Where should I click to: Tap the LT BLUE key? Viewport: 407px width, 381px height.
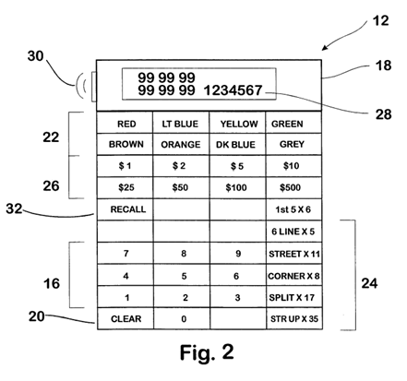[181, 123]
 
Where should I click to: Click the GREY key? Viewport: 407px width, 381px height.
[293, 144]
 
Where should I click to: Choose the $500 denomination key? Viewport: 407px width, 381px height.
[293, 187]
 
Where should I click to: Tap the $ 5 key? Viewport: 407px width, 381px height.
[237, 166]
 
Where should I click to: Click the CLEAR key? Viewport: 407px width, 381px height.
[126, 318]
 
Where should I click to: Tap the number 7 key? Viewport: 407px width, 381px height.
[126, 253]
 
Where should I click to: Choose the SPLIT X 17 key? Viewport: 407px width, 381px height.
[294, 297]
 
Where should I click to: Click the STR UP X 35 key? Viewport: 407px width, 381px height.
[294, 318]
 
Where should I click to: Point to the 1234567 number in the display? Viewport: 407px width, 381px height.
[233, 90]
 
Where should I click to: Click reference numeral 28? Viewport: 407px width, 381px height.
[383, 114]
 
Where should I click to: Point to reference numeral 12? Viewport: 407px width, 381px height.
[380, 21]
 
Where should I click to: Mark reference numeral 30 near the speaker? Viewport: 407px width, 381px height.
[36, 56]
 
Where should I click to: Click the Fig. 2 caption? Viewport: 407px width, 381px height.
[207, 352]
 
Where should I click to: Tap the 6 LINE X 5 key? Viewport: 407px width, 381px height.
[293, 232]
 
